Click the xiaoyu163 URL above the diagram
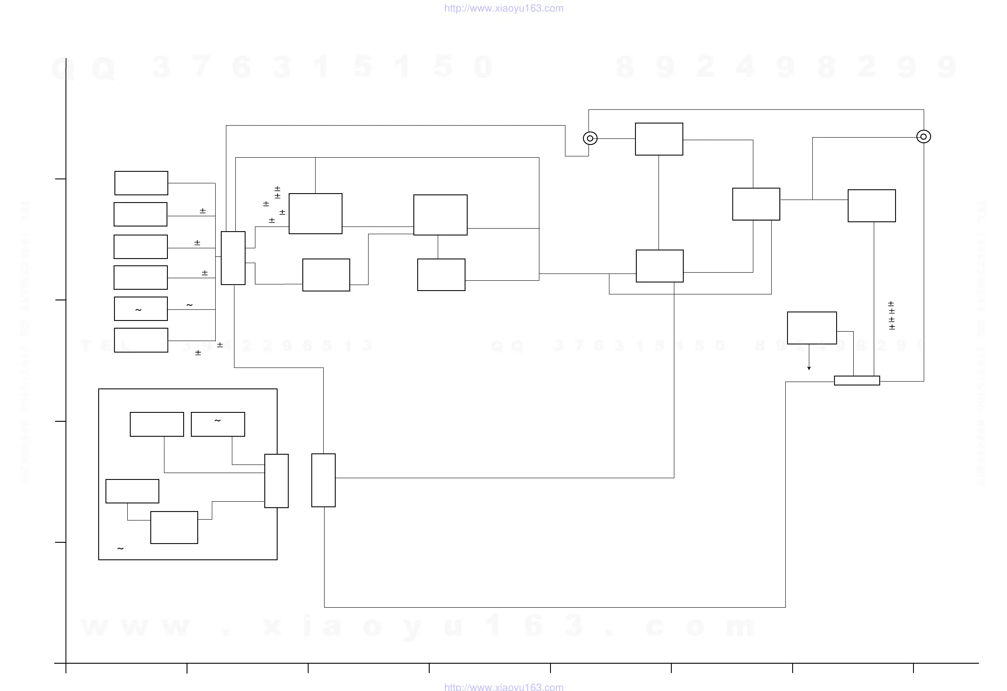point(503,8)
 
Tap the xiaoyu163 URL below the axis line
point(503,687)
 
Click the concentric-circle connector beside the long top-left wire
point(590,138)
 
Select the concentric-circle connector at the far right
point(923,137)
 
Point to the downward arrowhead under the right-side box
point(809,368)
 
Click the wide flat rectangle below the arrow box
point(857,381)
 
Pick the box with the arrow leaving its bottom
point(811,328)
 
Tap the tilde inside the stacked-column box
point(138,310)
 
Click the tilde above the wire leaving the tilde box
point(189,305)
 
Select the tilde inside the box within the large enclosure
point(217,420)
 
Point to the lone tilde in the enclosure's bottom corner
point(120,549)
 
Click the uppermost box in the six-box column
point(141,183)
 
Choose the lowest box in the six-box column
point(141,340)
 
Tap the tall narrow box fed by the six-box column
point(233,258)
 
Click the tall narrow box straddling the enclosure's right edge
point(276,481)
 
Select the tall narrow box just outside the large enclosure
point(323,480)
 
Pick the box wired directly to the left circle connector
point(659,139)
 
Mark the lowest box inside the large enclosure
point(174,528)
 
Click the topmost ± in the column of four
point(891,304)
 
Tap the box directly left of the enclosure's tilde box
point(157,424)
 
